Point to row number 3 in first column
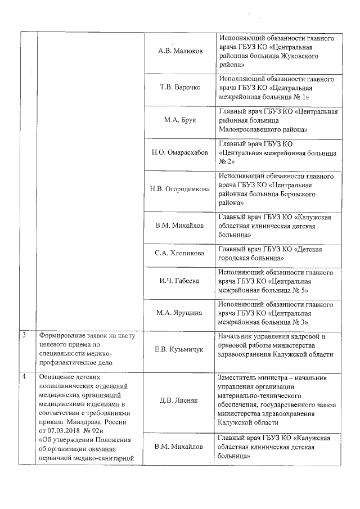coord(24,336)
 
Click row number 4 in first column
coord(24,376)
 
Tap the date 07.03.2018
coord(65,430)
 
